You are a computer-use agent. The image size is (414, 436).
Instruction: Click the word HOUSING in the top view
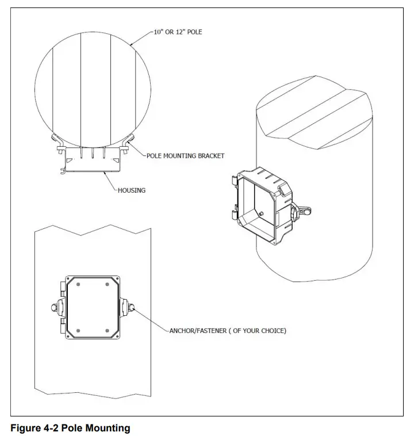click(x=131, y=190)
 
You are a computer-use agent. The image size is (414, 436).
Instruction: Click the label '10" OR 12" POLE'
click(x=178, y=32)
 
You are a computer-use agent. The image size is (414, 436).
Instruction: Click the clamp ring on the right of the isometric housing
click(x=301, y=212)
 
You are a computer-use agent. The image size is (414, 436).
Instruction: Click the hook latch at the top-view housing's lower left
click(x=62, y=170)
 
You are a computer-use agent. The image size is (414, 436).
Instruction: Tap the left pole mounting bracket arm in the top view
click(x=56, y=140)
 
